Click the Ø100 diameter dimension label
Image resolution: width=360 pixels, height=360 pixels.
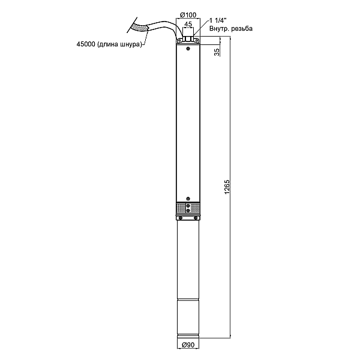click(x=188, y=15)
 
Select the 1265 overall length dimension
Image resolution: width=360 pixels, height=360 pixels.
click(x=227, y=187)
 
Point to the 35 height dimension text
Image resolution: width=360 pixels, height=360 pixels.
click(x=217, y=52)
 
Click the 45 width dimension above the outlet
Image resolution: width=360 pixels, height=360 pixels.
click(x=188, y=24)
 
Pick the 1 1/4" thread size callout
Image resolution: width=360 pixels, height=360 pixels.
click(x=218, y=20)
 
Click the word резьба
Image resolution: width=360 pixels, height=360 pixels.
click(x=242, y=28)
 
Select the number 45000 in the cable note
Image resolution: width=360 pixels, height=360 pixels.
click(x=86, y=44)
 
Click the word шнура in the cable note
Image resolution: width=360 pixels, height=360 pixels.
click(x=130, y=44)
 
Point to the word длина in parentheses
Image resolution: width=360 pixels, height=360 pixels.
click(x=109, y=44)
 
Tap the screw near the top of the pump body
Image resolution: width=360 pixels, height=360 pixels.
click(x=188, y=49)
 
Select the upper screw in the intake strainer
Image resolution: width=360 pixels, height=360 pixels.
click(x=188, y=206)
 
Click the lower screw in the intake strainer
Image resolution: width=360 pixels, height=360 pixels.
click(x=188, y=211)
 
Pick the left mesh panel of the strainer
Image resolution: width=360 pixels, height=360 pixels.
click(x=181, y=208)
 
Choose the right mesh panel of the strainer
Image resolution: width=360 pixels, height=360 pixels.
click(x=196, y=208)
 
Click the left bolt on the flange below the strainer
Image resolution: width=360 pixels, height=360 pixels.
click(x=181, y=217)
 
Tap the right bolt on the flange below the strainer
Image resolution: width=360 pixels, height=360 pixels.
click(x=196, y=217)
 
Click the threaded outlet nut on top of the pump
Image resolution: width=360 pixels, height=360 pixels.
click(x=188, y=39)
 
